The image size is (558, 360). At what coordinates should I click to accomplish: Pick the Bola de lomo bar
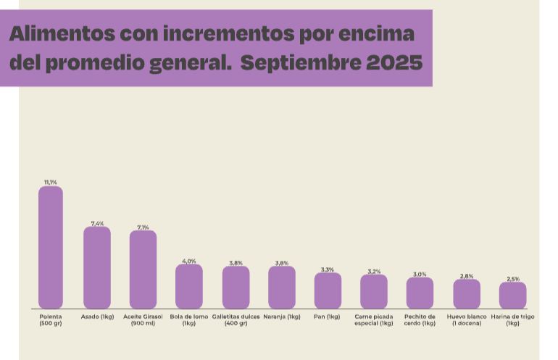(x=189, y=286)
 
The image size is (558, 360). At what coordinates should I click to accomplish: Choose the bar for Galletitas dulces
(x=236, y=288)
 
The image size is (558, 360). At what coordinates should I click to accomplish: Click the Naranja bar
(x=282, y=288)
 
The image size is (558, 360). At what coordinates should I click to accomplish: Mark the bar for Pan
(x=328, y=290)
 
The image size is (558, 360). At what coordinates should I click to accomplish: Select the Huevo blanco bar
(x=467, y=294)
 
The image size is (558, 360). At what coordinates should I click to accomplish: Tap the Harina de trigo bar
(x=513, y=296)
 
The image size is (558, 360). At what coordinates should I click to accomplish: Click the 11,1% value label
(x=51, y=183)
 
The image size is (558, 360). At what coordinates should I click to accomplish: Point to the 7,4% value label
(x=97, y=223)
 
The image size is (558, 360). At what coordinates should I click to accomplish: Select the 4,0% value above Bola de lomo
(x=189, y=261)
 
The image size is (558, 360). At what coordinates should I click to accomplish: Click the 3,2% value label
(x=374, y=271)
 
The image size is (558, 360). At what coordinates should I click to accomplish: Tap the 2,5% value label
(x=513, y=279)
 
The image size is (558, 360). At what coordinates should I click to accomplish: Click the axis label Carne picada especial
(x=374, y=320)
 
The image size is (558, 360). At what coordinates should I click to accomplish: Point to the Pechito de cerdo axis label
(x=420, y=320)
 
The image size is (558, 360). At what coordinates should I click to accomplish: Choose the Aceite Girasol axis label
(x=143, y=320)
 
